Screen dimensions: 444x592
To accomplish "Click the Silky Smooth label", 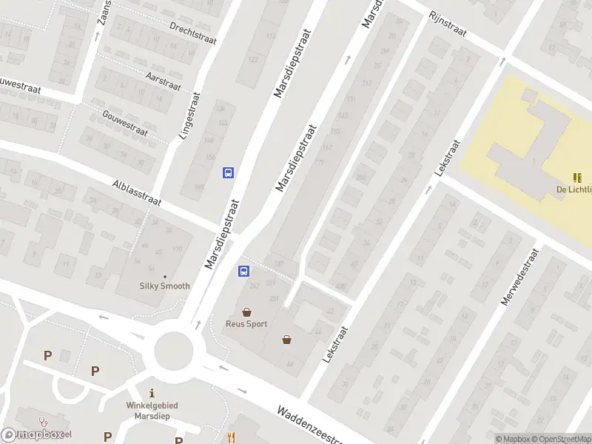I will pos(165,286).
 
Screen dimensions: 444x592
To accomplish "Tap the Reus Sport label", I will pos(246,323).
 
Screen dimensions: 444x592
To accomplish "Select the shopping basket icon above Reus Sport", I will pos(246,312).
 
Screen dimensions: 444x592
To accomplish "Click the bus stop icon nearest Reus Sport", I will pos(243,272).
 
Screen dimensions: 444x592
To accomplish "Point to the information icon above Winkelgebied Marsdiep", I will pos(152,393).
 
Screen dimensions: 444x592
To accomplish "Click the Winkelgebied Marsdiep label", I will pos(152,410).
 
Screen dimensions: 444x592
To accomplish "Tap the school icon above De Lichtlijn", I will pos(576,178).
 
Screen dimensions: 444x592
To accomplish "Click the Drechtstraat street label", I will pos(192,33).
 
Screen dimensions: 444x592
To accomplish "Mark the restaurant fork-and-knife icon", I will pos(232,437).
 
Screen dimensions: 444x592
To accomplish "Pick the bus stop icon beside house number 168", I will pos(228,172).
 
